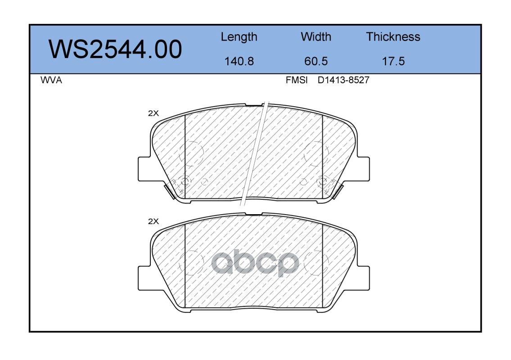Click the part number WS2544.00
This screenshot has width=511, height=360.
(x=115, y=49)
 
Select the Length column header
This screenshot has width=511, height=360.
(x=239, y=37)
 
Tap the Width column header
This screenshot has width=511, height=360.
(x=316, y=37)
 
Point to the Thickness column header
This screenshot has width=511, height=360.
(x=393, y=37)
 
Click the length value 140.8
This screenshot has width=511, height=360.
(x=239, y=61)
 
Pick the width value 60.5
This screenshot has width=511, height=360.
(x=316, y=61)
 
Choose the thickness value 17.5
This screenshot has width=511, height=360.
(x=393, y=61)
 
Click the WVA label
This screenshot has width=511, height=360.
(x=51, y=80)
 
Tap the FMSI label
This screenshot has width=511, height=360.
(x=297, y=80)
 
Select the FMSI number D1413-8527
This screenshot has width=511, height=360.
(x=344, y=80)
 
